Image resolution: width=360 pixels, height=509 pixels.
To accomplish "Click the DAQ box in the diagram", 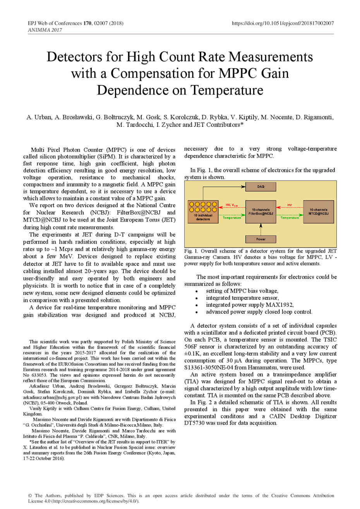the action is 261,186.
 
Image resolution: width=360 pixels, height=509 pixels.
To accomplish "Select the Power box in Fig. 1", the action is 261,239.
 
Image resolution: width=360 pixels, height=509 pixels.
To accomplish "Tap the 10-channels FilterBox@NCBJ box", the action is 261,212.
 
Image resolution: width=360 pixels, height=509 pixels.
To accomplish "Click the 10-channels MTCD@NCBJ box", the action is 318,212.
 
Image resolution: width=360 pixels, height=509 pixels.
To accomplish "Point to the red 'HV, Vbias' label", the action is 231,205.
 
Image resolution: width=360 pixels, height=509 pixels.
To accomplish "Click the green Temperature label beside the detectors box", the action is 232,218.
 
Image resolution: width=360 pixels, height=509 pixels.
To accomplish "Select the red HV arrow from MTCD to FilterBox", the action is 290,207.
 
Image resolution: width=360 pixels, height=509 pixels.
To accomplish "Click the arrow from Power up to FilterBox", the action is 261,229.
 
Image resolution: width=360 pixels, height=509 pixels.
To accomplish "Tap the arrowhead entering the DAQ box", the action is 243,186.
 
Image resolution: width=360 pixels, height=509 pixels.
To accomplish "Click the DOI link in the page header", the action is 283,23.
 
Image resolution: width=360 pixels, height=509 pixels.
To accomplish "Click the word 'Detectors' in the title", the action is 74,57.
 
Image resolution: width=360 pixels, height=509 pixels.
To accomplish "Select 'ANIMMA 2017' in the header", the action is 45,30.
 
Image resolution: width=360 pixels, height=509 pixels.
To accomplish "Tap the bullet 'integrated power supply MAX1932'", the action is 250,304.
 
